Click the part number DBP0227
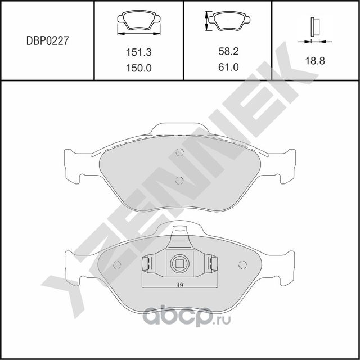pos(48,41)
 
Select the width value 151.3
pos(138,52)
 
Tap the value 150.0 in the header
pos(138,67)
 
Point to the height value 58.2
pos(228,52)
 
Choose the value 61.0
pos(228,67)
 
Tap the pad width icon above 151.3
pos(138,22)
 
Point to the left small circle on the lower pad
pos(117,265)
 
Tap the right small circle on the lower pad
pos(243,265)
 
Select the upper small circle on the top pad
pos(179,152)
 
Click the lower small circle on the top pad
pos(179,181)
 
